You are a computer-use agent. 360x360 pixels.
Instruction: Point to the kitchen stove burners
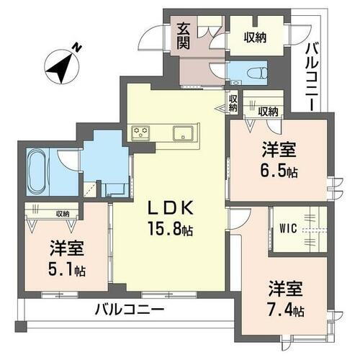pyautogui.click(x=140, y=132)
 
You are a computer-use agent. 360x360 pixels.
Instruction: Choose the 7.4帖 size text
pyautogui.click(x=287, y=311)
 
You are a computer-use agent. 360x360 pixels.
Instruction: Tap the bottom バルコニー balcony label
pyautogui.click(x=130, y=311)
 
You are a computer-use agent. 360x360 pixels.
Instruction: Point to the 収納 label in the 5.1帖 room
pyautogui.click(x=62, y=213)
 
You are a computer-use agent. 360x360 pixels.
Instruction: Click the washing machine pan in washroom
pyautogui.click(x=114, y=189)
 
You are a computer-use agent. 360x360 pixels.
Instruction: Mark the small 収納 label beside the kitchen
pyautogui.click(x=233, y=102)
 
